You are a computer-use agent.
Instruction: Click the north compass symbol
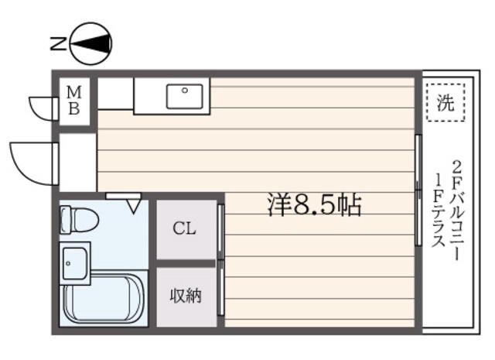(91, 43)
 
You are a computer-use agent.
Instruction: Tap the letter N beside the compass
(59, 43)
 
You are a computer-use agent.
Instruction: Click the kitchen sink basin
(185, 96)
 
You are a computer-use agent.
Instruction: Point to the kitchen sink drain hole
(185, 91)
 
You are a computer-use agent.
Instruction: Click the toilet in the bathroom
(79, 220)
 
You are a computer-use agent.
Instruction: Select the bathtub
(103, 300)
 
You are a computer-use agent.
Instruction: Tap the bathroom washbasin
(75, 263)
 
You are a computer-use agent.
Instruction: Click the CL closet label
(184, 228)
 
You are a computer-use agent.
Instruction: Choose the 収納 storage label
(186, 296)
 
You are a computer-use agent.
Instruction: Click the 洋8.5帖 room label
(315, 205)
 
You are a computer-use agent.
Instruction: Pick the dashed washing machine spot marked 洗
(445, 102)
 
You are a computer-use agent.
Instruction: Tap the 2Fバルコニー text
(458, 211)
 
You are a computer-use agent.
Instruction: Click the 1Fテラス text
(439, 211)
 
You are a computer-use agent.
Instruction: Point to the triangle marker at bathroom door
(134, 206)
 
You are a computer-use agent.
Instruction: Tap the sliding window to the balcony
(418, 190)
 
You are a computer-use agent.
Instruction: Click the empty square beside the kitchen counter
(115, 94)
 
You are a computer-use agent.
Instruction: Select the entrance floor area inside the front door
(78, 163)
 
